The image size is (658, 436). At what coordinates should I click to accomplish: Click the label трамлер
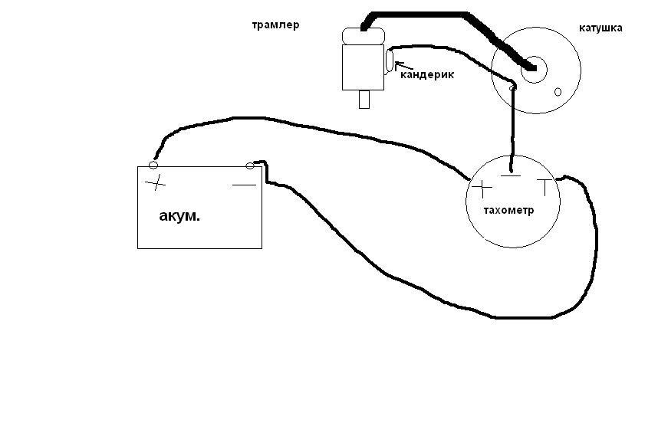[x=275, y=25]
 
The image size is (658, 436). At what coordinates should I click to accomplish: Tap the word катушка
[x=600, y=28]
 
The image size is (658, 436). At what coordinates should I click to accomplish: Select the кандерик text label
[x=426, y=74]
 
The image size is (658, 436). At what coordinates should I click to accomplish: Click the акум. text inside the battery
[x=179, y=216]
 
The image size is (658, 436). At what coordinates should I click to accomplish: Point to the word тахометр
[x=508, y=210]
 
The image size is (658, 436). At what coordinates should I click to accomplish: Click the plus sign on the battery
[x=156, y=183]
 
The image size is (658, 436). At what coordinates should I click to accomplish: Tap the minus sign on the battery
[x=244, y=185]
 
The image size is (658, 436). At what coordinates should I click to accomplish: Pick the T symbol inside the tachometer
[x=544, y=186]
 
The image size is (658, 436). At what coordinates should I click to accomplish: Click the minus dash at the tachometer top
[x=510, y=176]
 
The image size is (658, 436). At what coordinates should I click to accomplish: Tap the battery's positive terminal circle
[x=153, y=165]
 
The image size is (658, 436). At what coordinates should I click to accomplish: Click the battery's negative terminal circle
[x=249, y=165]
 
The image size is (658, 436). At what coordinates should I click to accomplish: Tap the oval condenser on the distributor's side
[x=390, y=60]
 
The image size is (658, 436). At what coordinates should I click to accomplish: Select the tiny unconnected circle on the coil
[x=558, y=93]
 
